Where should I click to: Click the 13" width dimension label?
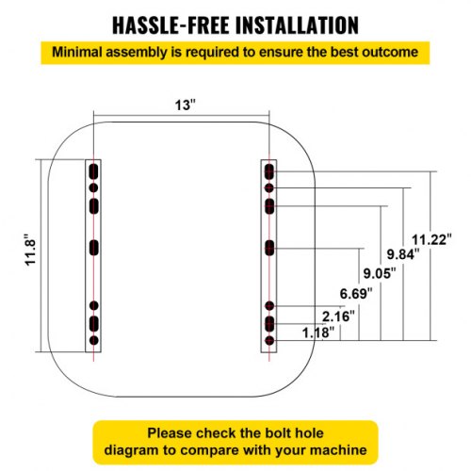coord(186,105)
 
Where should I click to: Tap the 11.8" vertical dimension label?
coord(31,250)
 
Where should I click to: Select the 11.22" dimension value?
coord(431,239)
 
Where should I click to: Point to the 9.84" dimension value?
coord(403,253)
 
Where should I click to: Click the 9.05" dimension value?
coord(380,273)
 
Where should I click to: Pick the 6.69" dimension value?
coord(356,294)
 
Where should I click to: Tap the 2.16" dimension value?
coord(338,317)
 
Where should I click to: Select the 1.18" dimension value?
coord(318,333)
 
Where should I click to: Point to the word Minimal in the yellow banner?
coord(77,52)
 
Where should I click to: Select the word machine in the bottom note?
coord(338,450)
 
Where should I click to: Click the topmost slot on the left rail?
coord(93,171)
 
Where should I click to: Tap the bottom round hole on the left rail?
coord(93,340)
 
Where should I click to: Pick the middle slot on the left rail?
coord(93,248)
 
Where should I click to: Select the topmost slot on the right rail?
coord(269,171)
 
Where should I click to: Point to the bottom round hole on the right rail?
coord(269,340)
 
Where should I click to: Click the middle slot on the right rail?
coord(269,248)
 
